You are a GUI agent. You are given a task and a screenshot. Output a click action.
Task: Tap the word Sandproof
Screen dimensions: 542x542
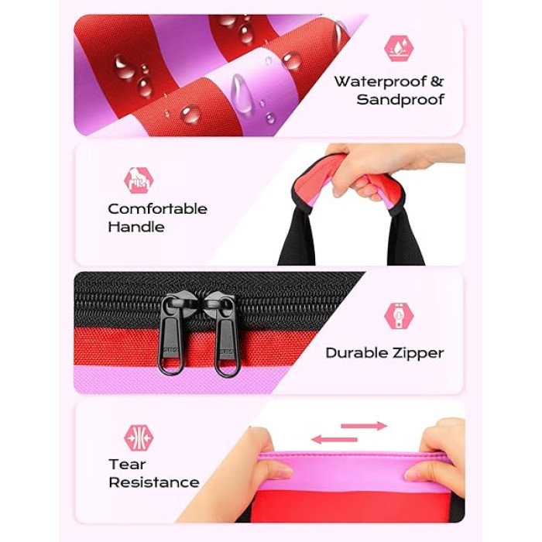[400, 100]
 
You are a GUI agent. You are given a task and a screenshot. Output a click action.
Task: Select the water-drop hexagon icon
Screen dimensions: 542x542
[399, 48]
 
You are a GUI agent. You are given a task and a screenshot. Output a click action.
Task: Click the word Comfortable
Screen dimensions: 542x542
[158, 209]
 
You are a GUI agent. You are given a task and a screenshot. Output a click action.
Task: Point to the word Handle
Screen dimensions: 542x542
[136, 227]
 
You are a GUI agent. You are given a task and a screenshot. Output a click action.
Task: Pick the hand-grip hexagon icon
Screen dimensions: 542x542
[139, 180]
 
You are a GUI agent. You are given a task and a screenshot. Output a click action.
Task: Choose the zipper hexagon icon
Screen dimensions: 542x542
[399, 316]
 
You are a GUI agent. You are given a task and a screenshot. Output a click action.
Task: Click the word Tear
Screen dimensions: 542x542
[127, 465]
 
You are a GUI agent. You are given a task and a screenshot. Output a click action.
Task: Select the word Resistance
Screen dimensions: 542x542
[154, 482]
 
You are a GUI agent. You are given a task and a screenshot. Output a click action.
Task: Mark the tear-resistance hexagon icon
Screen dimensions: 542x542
[139, 437]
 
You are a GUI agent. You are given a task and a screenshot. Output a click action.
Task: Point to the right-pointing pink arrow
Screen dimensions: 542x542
[364, 426]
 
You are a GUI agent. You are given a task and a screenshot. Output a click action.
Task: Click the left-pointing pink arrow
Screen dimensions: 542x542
[334, 439]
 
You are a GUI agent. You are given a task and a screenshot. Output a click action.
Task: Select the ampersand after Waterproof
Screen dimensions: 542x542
[437, 81]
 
